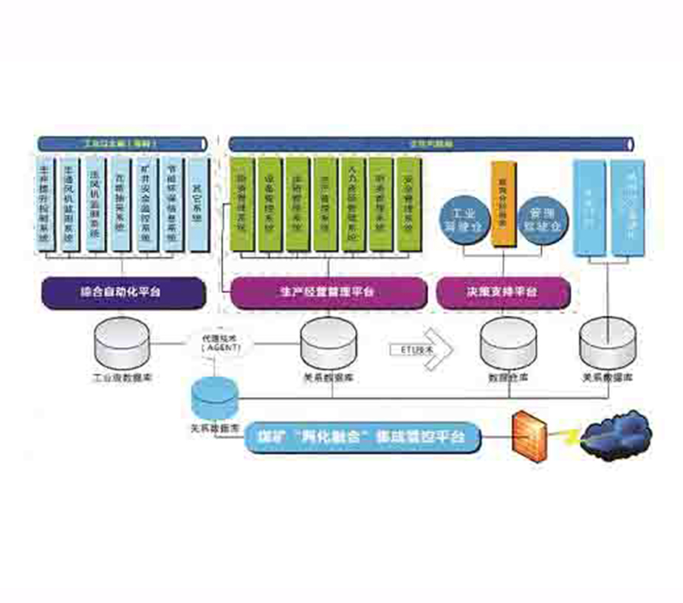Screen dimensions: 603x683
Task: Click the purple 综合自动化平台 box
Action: coord(122,292)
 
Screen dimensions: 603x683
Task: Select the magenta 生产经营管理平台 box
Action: coord(327,292)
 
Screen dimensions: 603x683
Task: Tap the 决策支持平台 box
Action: coord(503,292)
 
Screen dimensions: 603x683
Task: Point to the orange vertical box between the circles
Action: coord(502,202)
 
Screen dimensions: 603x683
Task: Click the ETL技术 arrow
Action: coord(419,347)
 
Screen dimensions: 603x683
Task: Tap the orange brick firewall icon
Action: coord(530,434)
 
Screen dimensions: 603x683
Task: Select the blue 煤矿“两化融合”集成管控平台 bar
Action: coord(363,437)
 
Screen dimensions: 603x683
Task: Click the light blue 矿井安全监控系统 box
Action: coord(148,204)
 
